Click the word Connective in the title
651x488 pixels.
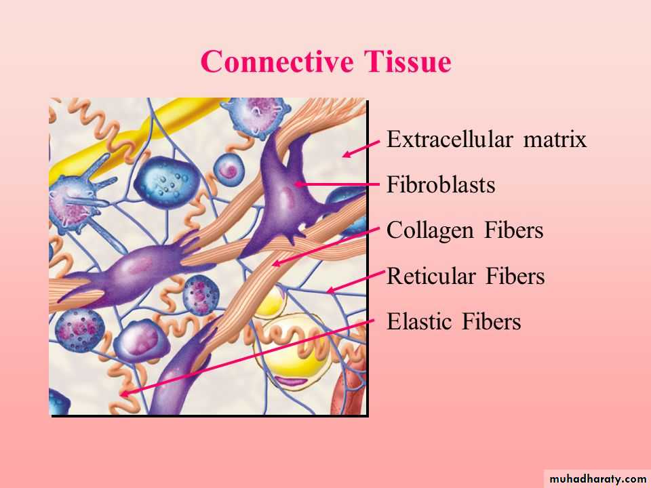[x=277, y=62]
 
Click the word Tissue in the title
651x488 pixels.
[x=408, y=62]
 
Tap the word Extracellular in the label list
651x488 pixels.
[x=450, y=139]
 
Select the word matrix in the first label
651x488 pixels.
[x=555, y=139]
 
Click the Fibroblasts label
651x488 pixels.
[x=441, y=184]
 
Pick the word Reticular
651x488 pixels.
[x=431, y=276]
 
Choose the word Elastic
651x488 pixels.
[x=419, y=321]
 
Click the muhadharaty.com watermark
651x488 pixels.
[x=597, y=479]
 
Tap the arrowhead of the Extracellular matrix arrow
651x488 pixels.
[x=347, y=155]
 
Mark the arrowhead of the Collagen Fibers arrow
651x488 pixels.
[x=276, y=263]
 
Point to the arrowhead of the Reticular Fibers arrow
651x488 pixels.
[x=330, y=290]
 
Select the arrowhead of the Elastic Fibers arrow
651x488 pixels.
[x=125, y=393]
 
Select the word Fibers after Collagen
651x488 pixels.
[x=514, y=230]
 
